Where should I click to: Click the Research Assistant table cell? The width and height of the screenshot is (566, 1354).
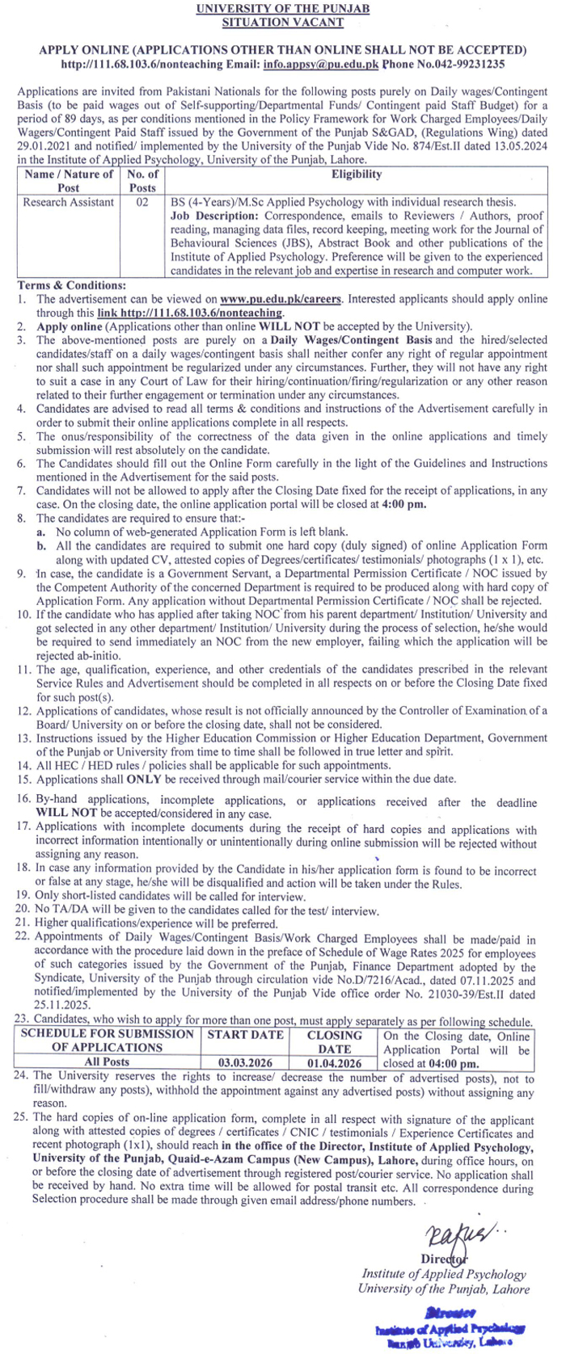[69, 202]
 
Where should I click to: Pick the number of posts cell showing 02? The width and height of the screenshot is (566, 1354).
[143, 202]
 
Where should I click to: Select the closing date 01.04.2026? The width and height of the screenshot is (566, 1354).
[334, 1062]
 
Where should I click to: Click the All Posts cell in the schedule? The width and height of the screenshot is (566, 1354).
[107, 1062]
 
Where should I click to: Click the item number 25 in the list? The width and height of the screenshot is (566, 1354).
[23, 1120]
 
